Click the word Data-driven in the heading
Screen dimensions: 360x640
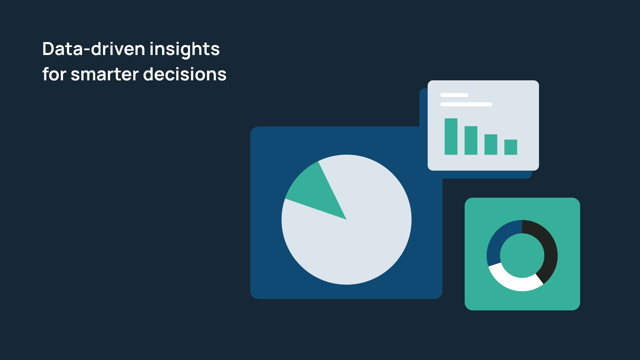click(x=94, y=49)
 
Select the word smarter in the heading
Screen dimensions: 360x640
click(x=105, y=74)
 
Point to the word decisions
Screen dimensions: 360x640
click(x=185, y=74)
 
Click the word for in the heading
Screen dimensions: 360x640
click(x=54, y=74)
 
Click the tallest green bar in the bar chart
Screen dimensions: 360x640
click(x=451, y=136)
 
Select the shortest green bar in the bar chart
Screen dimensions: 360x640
click(x=511, y=147)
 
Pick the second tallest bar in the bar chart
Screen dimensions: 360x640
click(x=471, y=140)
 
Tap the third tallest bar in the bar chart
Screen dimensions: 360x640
click(x=491, y=144)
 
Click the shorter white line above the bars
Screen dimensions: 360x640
click(x=454, y=95)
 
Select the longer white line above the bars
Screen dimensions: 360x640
click(x=466, y=104)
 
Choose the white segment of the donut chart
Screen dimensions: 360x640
click(x=513, y=282)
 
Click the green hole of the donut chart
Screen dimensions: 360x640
click(x=522, y=255)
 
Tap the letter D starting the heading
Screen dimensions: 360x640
click(x=49, y=49)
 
